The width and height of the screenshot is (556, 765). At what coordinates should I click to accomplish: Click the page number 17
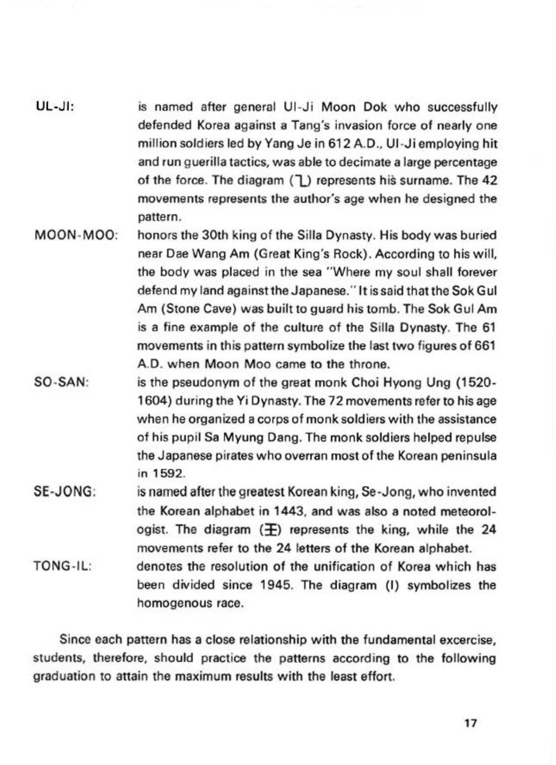coord(471,723)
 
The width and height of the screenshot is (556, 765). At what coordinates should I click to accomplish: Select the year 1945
coord(270,585)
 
